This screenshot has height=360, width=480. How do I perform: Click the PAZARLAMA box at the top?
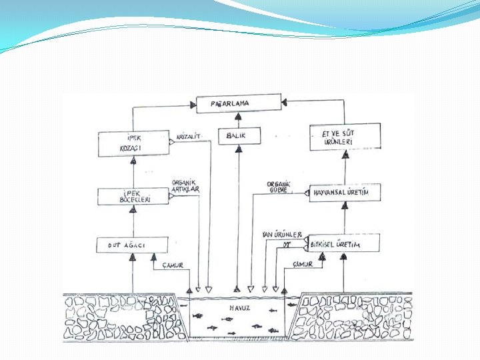point(238,104)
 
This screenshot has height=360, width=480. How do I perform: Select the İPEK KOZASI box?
point(133,144)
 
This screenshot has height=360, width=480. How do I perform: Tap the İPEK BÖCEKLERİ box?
point(133,196)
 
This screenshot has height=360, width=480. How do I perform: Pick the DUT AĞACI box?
point(132,245)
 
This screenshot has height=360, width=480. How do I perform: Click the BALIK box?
point(238,135)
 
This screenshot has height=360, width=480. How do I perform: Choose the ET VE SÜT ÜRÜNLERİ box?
point(345,137)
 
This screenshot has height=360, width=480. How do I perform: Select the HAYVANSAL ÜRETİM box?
point(345,193)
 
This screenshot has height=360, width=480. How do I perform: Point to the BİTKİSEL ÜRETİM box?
point(345,245)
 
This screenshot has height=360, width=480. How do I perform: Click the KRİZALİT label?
point(189,136)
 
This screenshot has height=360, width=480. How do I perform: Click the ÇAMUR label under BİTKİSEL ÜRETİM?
point(303,264)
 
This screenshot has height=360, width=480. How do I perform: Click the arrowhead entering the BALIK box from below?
point(238,148)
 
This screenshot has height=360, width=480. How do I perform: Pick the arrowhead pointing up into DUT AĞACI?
point(133,257)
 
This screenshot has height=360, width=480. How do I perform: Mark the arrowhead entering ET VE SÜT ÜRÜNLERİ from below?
point(345,153)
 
